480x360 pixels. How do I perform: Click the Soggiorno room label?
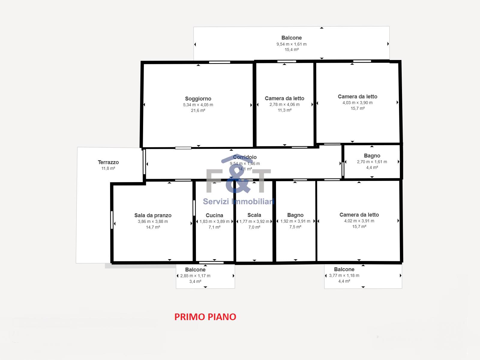point(198,99)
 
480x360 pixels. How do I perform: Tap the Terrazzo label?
point(108,162)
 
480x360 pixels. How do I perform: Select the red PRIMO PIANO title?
point(205,317)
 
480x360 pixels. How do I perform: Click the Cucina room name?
point(214,215)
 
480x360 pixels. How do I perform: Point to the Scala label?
point(254,215)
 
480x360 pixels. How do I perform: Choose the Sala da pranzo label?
point(153,215)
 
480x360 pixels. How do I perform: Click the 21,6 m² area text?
point(198,110)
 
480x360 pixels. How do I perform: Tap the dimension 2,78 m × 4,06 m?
point(284,104)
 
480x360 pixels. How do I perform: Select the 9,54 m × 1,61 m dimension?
point(292,44)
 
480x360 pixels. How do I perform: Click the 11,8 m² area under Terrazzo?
point(108,168)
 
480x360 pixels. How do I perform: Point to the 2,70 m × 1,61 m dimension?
point(372,162)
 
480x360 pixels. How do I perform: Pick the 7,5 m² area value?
point(295,227)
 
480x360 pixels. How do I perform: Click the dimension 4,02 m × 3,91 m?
point(359,221)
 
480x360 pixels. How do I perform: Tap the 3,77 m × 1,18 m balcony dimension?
point(344,275)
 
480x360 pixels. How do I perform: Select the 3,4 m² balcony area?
point(195,281)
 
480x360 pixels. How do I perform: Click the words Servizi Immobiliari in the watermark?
point(238,201)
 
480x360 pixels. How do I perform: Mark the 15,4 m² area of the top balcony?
point(292,49)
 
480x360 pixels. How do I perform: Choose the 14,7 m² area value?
point(153,227)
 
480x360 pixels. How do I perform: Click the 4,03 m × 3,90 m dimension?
point(358,103)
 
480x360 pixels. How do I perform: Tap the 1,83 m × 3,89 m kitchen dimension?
point(214,221)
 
